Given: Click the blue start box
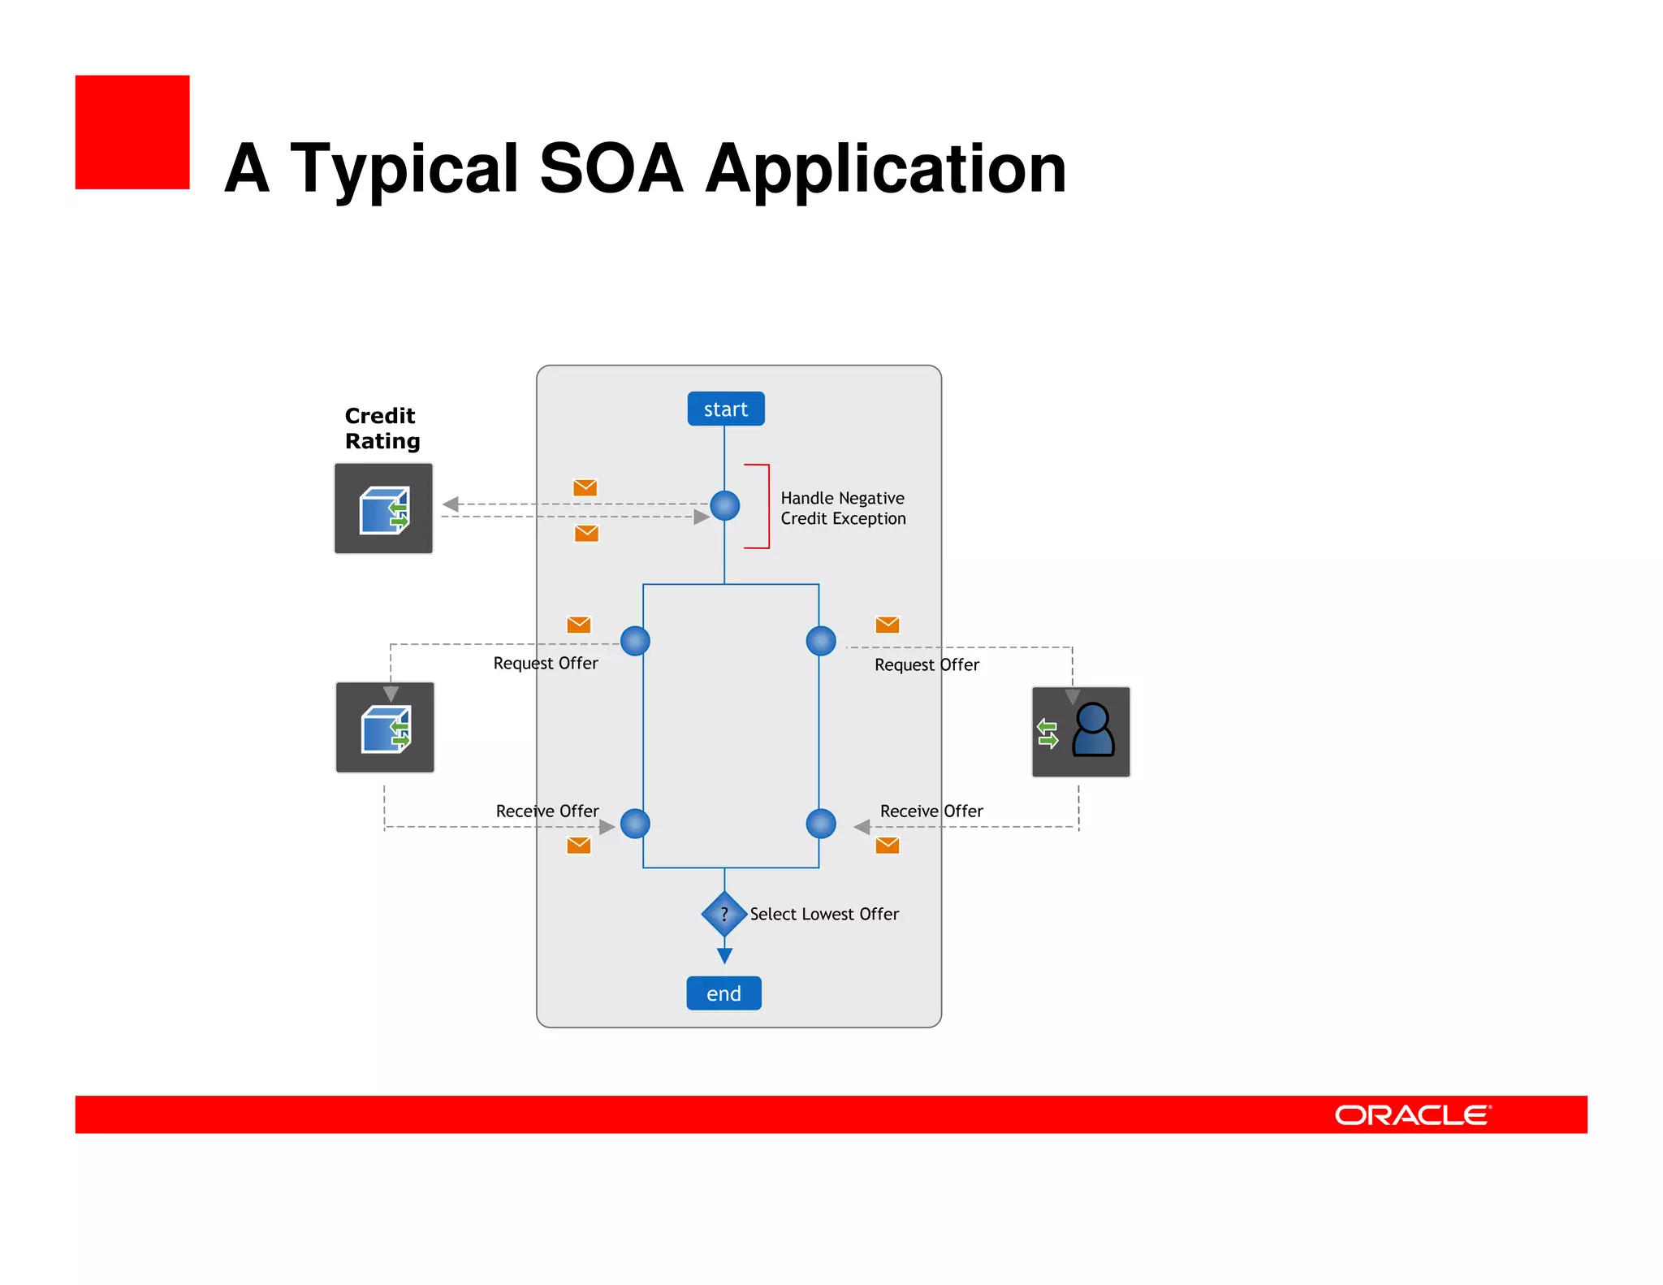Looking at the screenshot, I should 725,409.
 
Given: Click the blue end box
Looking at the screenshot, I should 724,993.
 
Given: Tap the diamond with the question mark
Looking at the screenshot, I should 724,914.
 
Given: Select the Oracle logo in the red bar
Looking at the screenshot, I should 1412,1114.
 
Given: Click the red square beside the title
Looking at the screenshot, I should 132,132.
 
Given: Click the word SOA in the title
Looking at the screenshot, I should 611,168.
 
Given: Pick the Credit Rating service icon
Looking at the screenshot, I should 383,508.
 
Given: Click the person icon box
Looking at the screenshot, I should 1081,731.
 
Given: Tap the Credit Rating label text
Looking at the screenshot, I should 382,428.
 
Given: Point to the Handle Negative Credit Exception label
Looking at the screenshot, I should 843,508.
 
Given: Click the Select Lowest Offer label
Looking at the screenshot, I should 823,914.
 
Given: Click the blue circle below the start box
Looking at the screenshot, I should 724,505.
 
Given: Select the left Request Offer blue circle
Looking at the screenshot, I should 635,641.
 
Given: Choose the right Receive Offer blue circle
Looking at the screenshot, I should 821,824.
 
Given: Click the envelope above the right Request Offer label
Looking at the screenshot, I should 887,624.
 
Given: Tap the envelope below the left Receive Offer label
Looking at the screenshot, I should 578,845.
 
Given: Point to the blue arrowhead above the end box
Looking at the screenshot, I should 724,955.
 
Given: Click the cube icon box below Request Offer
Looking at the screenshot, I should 385,728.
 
